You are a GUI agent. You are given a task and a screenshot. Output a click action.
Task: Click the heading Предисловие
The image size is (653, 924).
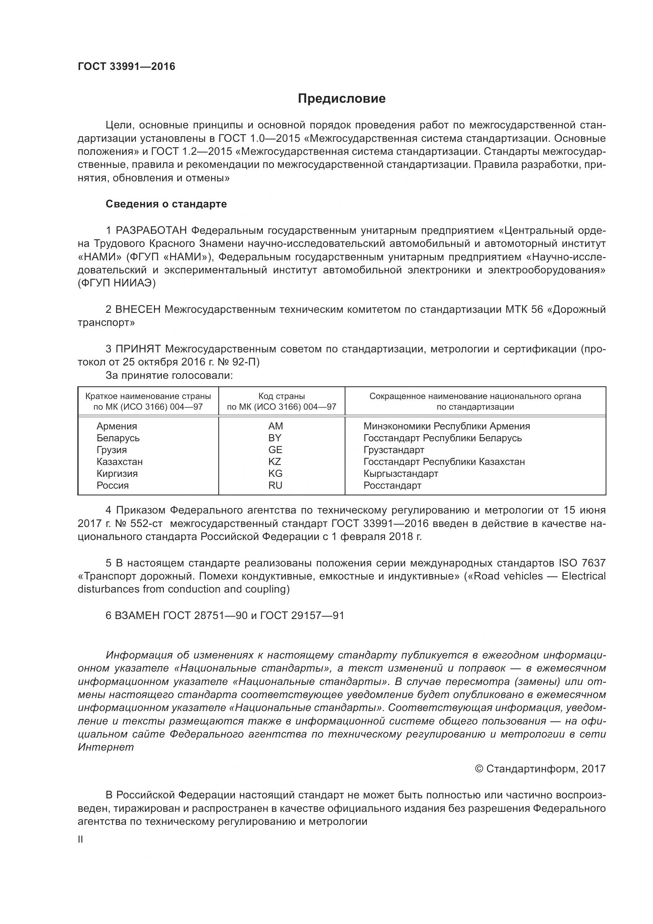[342, 99]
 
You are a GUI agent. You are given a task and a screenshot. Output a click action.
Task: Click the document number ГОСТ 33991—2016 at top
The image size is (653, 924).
[126, 66]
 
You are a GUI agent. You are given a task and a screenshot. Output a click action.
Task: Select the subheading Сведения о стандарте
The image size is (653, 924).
[166, 204]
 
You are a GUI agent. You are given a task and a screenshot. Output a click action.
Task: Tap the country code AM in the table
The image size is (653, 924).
[276, 426]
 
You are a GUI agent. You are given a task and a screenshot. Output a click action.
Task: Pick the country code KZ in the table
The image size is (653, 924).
[275, 461]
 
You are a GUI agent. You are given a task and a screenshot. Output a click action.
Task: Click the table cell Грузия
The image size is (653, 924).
[112, 450]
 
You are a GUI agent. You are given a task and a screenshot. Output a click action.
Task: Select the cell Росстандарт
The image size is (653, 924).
[392, 486]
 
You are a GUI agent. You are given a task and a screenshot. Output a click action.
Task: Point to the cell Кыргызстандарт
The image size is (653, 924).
[400, 474]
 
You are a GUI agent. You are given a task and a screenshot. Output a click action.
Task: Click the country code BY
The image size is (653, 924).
[275, 438]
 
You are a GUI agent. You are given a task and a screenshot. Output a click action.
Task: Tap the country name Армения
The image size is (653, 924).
[116, 426]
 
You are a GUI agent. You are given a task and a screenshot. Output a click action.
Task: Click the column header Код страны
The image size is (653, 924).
[281, 396]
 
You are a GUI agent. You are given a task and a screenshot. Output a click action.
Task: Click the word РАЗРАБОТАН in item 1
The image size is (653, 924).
[151, 231]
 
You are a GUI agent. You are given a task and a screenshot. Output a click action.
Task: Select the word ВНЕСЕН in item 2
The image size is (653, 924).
[138, 309]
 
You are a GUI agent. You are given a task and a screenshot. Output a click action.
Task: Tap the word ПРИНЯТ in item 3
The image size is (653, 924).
[138, 349]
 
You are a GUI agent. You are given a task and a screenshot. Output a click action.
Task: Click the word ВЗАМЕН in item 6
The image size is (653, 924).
[137, 615]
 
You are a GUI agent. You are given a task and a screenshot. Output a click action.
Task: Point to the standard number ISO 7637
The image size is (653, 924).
[582, 563]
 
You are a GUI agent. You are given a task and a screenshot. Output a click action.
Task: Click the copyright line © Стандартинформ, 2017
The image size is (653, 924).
[540, 769]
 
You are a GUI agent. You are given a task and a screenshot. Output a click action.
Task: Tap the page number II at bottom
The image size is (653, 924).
[81, 840]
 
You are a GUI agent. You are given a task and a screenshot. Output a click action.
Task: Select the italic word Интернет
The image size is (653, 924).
[106, 747]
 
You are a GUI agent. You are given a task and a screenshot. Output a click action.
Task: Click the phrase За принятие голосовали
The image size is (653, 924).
[169, 375]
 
